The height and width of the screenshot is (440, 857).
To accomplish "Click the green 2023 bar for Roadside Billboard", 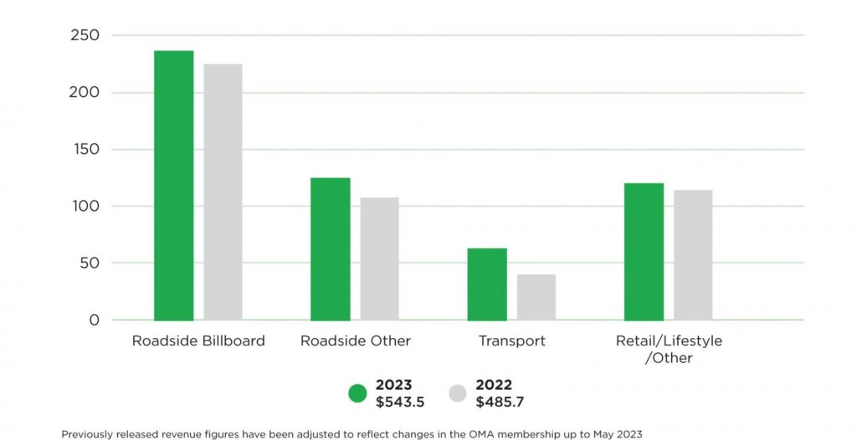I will (x=173, y=186).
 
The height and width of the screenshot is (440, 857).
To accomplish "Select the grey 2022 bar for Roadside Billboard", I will (x=223, y=192).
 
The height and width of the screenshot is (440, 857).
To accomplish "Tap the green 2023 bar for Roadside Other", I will (x=330, y=249).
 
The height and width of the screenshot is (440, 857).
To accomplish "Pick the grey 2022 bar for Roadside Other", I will (x=379, y=258).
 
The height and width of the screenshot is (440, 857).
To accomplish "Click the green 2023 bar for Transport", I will (x=487, y=284).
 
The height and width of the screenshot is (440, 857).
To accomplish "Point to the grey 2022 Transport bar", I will (x=536, y=297).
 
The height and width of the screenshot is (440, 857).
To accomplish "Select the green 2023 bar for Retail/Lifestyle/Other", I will (x=644, y=252).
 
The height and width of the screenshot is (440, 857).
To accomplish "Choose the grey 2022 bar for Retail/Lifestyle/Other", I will (x=693, y=255).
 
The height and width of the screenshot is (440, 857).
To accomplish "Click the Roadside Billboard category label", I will (x=198, y=341).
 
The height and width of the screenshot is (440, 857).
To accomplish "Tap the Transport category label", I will (x=511, y=341).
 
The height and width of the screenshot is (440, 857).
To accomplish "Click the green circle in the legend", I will (x=358, y=393).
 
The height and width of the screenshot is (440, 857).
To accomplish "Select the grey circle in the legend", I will (x=458, y=393).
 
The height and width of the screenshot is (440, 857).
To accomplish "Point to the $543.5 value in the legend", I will (x=400, y=402).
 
